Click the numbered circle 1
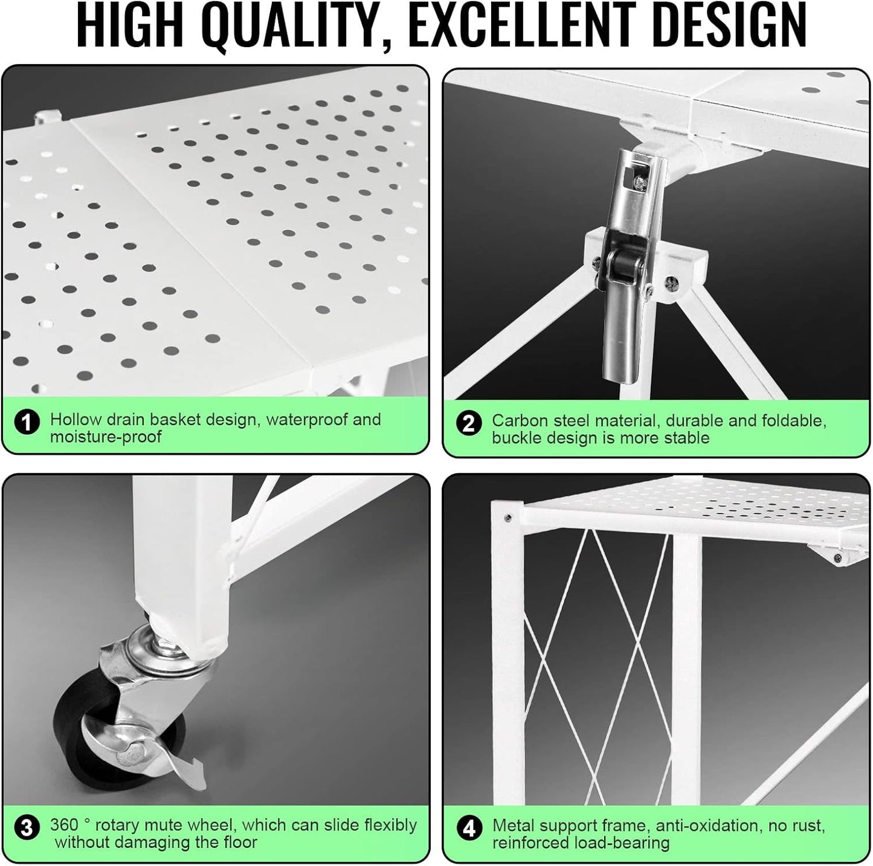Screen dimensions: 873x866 pos(27,423)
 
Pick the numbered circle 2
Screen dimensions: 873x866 pos(469,424)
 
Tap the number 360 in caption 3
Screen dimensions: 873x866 pos(64,825)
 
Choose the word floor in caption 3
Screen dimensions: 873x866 pos(240,842)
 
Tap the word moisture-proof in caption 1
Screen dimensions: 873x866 pos(106,437)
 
